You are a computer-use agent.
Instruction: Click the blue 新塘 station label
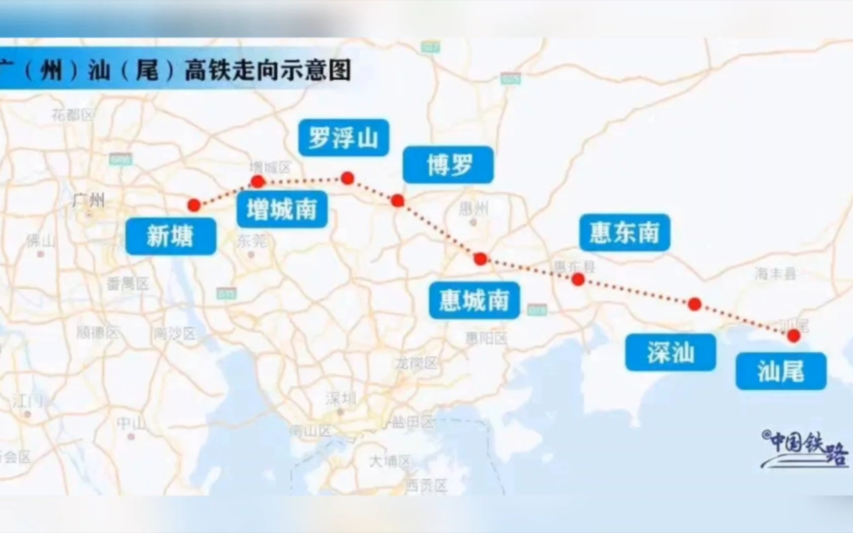pyautogui.click(x=170, y=236)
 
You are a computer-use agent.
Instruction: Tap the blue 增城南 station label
pyautogui.click(x=282, y=209)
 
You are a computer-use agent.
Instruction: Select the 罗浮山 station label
pyautogui.click(x=344, y=138)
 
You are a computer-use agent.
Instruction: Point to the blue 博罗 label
pyautogui.click(x=448, y=165)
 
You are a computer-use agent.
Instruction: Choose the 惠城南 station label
pyautogui.click(x=474, y=300)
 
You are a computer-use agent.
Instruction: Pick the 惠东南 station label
pyautogui.click(x=624, y=232)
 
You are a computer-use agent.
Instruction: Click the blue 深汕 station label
pyautogui.click(x=670, y=352)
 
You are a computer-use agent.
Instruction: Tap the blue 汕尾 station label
pyautogui.click(x=781, y=371)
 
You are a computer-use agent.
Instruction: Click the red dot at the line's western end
pyautogui.click(x=194, y=205)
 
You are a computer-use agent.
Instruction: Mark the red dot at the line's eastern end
pyautogui.click(x=794, y=336)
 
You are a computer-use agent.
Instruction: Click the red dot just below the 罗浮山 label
pyautogui.click(x=348, y=178)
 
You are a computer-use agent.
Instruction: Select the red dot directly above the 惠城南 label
pyautogui.click(x=480, y=259)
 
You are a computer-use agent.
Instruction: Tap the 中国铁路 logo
pyautogui.click(x=805, y=448)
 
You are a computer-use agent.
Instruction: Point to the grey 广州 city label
pyautogui.click(x=88, y=200)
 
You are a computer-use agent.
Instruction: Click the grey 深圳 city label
pyautogui.click(x=340, y=398)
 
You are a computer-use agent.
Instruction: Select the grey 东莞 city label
pyautogui.click(x=252, y=241)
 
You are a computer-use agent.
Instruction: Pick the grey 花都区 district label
pyautogui.click(x=73, y=115)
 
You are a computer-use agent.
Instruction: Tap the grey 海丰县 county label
pyautogui.click(x=775, y=273)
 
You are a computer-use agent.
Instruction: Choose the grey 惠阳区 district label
pyautogui.click(x=486, y=338)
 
